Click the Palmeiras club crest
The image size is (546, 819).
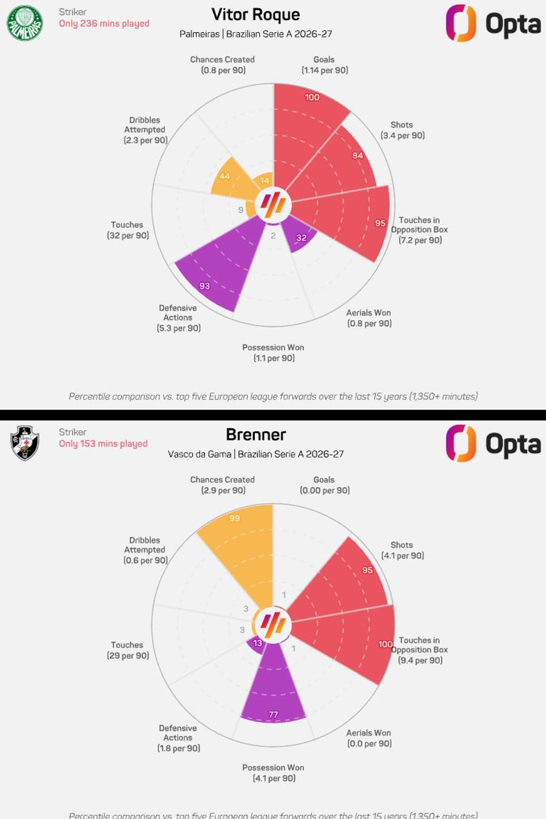coord(25,23)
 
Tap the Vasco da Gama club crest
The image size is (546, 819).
coord(25,443)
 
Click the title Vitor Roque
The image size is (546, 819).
coord(255,15)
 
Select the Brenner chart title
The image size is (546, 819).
coord(255,435)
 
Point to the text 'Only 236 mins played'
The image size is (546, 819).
coord(104,24)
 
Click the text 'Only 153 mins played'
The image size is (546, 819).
coord(103,443)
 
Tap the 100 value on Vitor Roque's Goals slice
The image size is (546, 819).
coord(312,98)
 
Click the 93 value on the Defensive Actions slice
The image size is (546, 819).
coord(204,286)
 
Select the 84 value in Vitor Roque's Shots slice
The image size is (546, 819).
coord(358,156)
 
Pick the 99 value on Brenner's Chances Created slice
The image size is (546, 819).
coord(235,519)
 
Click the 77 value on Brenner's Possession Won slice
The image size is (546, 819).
coord(273,715)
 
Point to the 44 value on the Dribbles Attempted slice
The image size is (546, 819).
coord(224,177)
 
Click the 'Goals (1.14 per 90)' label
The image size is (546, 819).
coord(325,65)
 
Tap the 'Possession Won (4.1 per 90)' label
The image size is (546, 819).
coord(274,773)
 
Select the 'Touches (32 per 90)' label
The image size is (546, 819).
coord(127,230)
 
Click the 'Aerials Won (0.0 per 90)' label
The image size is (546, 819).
coord(369,738)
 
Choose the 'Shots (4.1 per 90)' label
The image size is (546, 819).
coord(402,550)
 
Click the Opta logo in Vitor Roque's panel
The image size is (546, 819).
coord(493,24)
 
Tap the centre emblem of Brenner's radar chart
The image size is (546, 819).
coord(273,624)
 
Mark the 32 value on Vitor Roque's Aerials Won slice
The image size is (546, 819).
coord(302,238)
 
